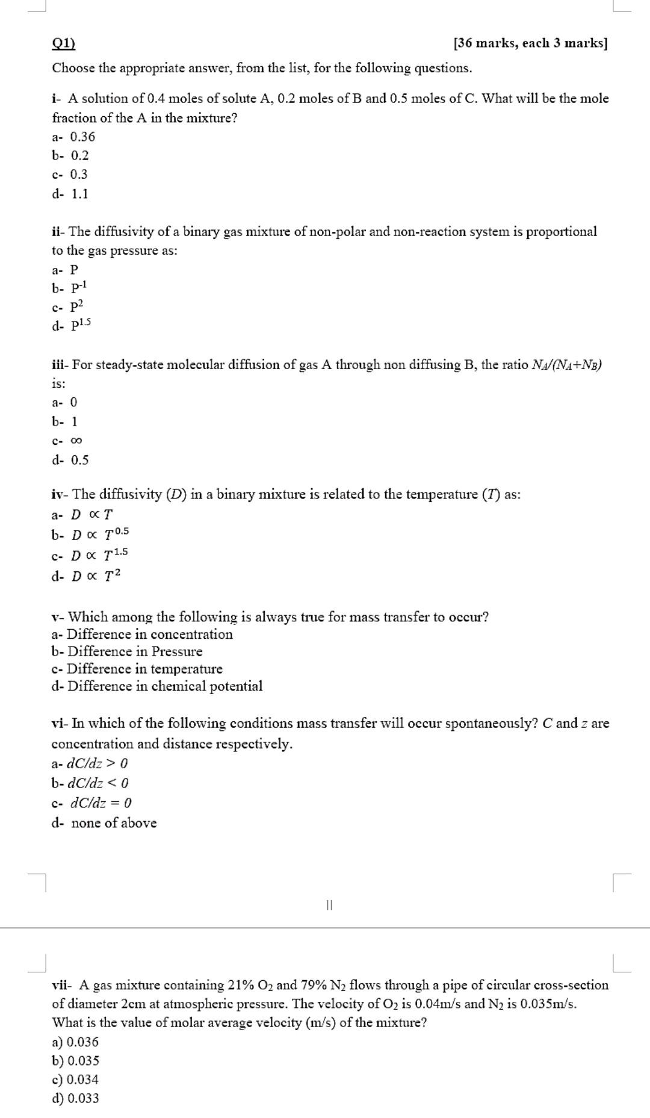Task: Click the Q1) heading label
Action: [x=63, y=43]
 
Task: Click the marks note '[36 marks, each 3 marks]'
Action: [x=530, y=43]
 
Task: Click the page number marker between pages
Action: [x=329, y=905]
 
